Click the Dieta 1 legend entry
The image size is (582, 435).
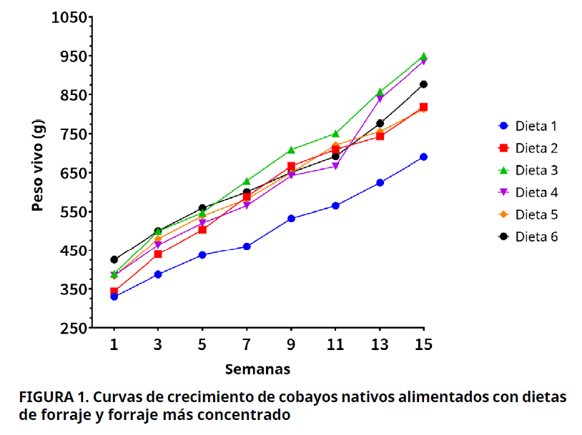coord(527,126)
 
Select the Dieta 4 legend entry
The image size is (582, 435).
coord(527,192)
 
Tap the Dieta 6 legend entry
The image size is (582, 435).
coord(527,236)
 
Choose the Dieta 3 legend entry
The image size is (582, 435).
coord(527,170)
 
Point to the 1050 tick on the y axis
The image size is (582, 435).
coord(69,17)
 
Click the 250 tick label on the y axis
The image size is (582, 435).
coord(74,329)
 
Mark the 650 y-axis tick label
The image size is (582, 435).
coord(74,173)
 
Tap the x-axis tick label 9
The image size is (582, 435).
coord(291,344)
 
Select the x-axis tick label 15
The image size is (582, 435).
coord(423,344)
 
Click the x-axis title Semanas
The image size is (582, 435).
coord(257,369)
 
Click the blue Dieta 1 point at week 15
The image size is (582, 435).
coord(423,157)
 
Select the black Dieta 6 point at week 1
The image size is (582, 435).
coord(114,260)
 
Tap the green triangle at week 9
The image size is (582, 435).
coord(291,150)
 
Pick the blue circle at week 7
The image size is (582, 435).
coord(247,246)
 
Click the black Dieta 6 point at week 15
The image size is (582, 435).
coord(423,84)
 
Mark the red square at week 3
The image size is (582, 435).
coord(158,254)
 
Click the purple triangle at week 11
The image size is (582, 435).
coord(335,166)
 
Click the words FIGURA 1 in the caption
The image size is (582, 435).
coord(52,396)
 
